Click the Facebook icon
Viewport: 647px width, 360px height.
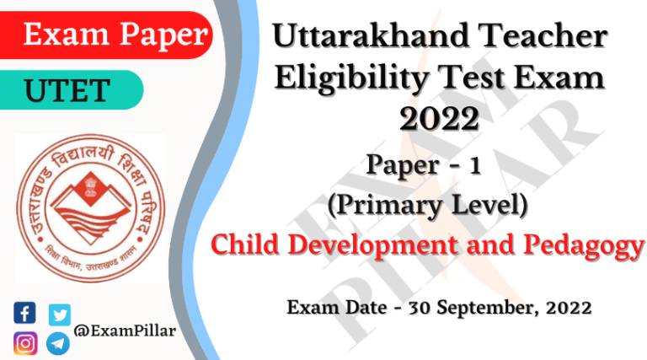click(25, 314)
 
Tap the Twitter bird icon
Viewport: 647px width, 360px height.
click(59, 314)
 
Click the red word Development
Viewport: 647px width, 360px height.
click(372, 245)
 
